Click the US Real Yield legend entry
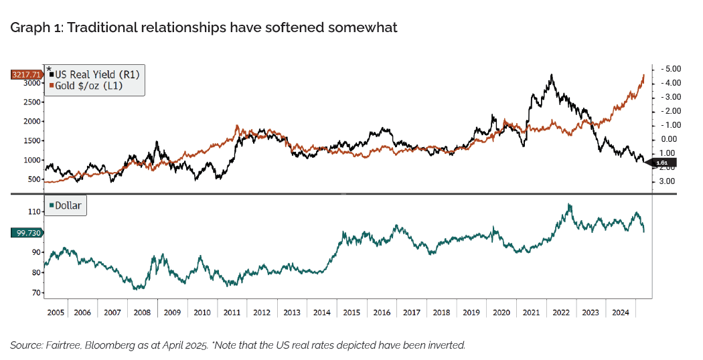click(x=96, y=74)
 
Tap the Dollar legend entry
click(x=67, y=205)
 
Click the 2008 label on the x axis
click(x=142, y=312)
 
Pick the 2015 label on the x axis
click(x=352, y=312)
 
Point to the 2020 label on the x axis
click(x=502, y=312)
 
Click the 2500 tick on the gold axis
click(x=32, y=102)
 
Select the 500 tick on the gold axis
click(x=35, y=179)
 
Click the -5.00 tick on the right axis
click(x=670, y=69)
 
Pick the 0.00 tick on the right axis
click(x=670, y=139)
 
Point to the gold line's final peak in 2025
click(x=643, y=75)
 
